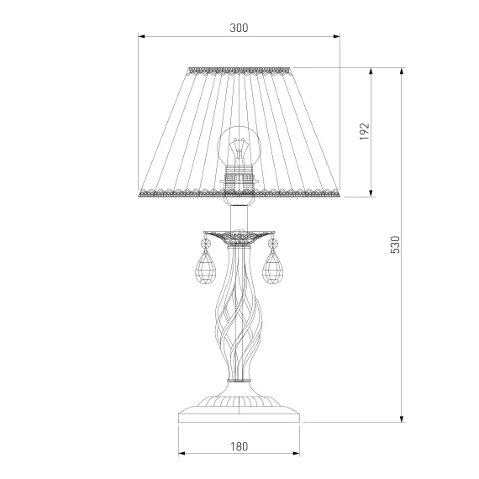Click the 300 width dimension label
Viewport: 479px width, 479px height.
(239, 28)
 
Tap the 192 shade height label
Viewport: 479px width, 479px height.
(364, 132)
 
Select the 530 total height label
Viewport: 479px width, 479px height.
(395, 245)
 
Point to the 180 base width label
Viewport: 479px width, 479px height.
(239, 446)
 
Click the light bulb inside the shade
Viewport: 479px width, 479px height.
(239, 146)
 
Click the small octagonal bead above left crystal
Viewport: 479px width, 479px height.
(206, 244)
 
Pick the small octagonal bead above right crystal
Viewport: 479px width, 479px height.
(272, 244)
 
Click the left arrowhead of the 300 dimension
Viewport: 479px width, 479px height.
(141, 36)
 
